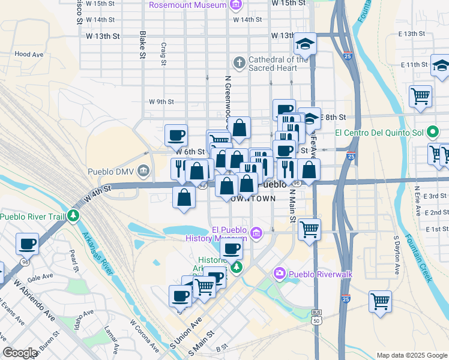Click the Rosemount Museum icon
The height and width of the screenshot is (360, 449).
236,5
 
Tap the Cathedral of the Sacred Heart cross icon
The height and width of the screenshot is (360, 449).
240,62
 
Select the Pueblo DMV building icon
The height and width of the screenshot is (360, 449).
143,172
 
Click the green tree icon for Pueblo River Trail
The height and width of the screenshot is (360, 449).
73,215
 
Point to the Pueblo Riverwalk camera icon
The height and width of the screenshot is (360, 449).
279,274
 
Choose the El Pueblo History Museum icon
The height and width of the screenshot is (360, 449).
256,233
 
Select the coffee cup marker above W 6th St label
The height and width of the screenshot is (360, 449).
176,135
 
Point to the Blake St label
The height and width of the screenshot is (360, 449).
143,46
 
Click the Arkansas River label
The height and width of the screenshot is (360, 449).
98,253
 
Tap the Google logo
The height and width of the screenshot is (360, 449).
20,353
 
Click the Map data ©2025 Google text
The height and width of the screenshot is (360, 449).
411,355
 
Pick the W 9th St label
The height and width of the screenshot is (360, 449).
161,102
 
